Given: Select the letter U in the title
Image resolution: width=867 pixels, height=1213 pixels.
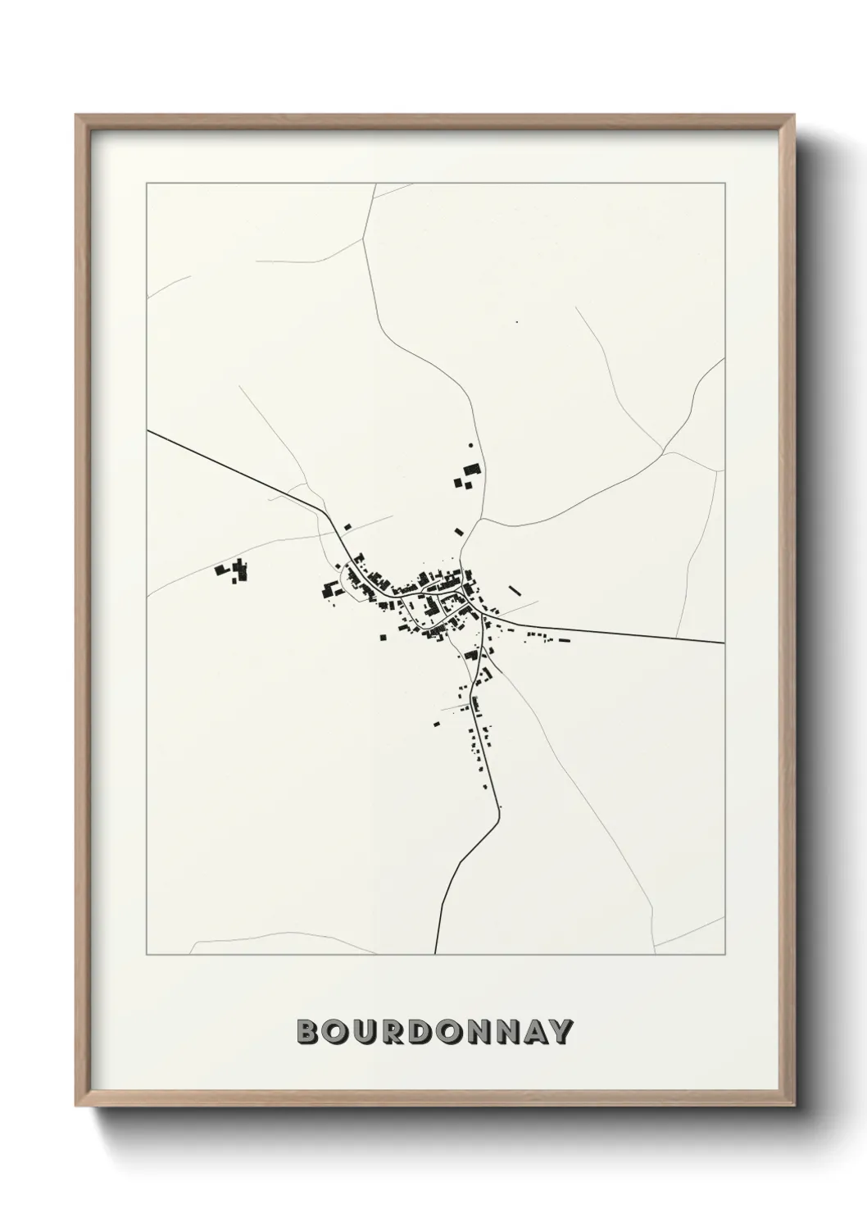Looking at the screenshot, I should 365,1032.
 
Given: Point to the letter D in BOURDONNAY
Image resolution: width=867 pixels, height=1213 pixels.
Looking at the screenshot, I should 420,1032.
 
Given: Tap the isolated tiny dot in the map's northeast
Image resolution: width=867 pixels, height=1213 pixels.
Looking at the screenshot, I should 516,322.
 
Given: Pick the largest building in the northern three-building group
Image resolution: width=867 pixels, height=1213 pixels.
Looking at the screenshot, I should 471,469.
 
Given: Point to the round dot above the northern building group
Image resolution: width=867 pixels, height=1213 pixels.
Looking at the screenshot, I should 470,445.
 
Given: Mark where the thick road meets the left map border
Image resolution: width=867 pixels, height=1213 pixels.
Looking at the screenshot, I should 148,430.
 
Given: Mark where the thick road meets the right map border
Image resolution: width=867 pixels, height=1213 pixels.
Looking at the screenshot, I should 724,643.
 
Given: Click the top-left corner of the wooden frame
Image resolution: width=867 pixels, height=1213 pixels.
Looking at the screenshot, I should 76,116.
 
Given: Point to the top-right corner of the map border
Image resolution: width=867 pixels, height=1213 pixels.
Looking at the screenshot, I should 724,184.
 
